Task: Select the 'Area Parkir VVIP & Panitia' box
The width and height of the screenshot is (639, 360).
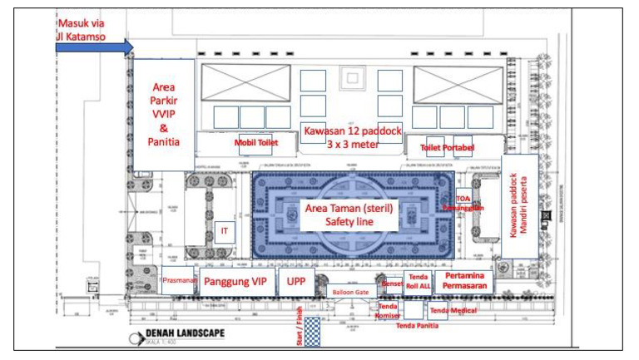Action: click(163, 114)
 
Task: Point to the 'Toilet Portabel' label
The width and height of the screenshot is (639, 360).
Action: click(448, 148)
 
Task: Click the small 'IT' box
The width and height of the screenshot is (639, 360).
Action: click(223, 230)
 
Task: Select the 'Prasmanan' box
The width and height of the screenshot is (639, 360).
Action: click(179, 281)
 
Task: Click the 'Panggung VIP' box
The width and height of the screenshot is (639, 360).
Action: click(235, 281)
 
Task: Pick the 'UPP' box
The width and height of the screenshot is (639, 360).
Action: click(296, 281)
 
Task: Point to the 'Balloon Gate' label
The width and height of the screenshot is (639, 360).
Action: click(350, 293)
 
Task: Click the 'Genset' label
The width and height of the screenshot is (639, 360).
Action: click(392, 284)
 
